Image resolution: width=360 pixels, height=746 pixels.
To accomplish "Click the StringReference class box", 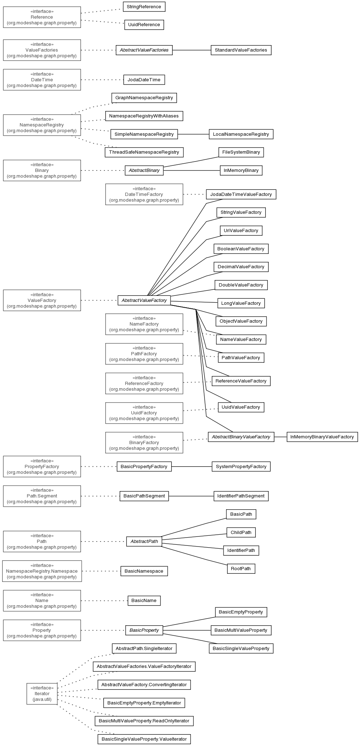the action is pos(144,7).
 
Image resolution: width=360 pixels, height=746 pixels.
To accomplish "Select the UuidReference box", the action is pos(144,25).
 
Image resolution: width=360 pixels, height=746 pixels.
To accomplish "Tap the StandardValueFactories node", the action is pos(241,50).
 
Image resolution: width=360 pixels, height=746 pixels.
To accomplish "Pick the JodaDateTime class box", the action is pos(144,80).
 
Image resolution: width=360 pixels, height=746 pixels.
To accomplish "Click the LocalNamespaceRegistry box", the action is pos(241,134).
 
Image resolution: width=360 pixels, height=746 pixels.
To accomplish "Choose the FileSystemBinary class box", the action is pos(241,152).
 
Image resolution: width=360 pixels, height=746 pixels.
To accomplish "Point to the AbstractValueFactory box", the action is pos(144,300).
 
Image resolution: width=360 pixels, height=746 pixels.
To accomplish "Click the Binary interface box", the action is pos(42,170).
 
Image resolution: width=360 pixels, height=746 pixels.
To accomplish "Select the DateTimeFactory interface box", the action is pos(144,194).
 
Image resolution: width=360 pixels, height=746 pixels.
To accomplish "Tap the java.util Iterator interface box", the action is pos(42,694).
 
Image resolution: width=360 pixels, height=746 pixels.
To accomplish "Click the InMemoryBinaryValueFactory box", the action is pos(322,437).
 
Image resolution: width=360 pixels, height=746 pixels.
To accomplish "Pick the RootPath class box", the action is pos(241,569).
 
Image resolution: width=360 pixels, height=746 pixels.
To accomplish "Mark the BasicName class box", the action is pos(144,601).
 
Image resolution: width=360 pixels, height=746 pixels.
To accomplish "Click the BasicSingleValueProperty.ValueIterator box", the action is pos(144,739).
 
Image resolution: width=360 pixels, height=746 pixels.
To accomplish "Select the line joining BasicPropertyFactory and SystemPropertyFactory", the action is pos(192,467).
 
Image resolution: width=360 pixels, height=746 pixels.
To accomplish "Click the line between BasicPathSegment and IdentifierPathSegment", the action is pos(191,496).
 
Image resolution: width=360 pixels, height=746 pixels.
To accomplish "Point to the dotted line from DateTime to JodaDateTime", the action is pos(102,80).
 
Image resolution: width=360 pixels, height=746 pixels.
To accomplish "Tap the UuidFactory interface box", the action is pos(144,413).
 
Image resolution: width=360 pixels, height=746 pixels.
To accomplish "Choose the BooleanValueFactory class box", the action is pos(241,249).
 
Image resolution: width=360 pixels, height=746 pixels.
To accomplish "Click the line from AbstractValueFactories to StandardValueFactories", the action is pos(192,50).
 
